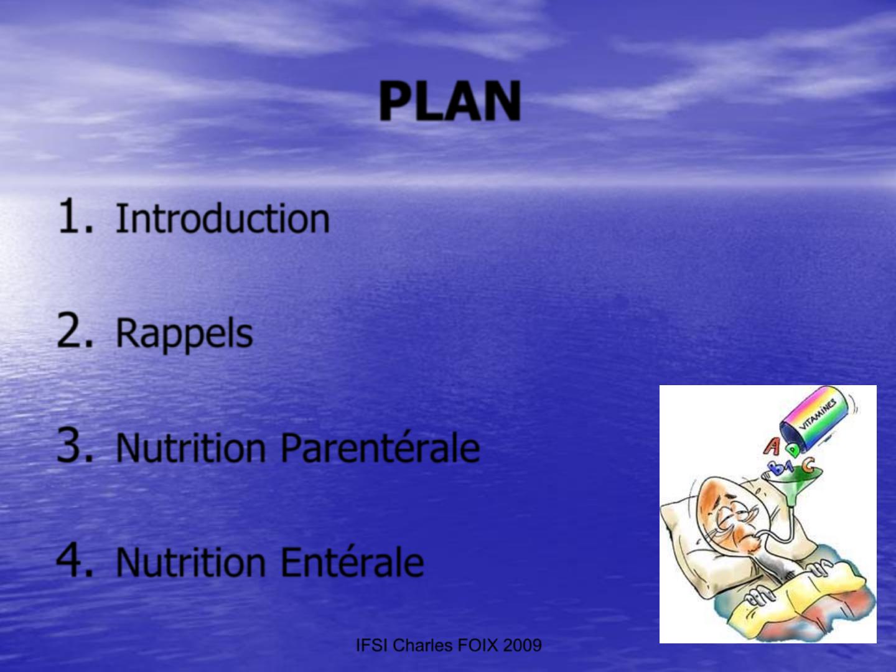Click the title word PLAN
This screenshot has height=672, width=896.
coord(450,101)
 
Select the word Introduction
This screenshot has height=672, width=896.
coord(223,218)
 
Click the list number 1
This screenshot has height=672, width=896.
coord(76,217)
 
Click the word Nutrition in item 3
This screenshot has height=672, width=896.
coord(190,448)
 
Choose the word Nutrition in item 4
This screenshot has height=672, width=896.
coord(190,562)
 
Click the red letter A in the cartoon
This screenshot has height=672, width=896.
coord(772,447)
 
